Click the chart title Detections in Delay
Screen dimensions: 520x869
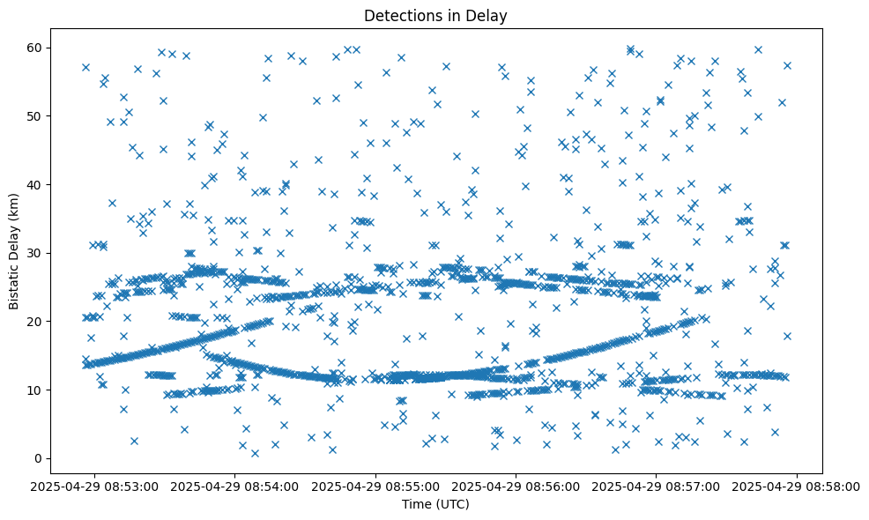pyautogui.click(x=435, y=15)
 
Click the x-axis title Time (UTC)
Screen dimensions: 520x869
pyautogui.click(x=435, y=504)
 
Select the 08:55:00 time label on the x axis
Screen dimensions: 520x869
pyautogui.click(x=376, y=487)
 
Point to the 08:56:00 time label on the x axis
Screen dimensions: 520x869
pyautogui.click(x=516, y=487)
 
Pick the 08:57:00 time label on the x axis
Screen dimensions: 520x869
pyautogui.click(x=657, y=487)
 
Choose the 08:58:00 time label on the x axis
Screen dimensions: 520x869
pyautogui.click(x=797, y=487)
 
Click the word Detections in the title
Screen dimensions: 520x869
pyautogui.click(x=398, y=15)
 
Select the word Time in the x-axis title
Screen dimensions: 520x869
pyautogui.click(x=417, y=504)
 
